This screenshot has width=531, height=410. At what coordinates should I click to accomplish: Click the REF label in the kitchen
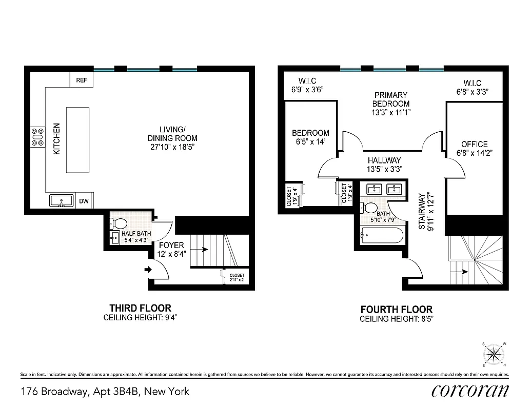pos(81,80)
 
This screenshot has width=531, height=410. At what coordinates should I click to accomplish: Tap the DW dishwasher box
pos(84,201)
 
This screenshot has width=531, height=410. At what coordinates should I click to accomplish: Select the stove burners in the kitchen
pos(37,137)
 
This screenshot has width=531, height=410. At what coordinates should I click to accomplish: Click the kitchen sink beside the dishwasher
pos(62,200)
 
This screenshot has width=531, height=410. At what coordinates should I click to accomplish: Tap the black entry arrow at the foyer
pos(149,269)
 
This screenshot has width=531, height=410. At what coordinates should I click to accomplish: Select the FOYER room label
pos(171,245)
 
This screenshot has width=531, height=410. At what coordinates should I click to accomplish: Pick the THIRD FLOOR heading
pos(140,308)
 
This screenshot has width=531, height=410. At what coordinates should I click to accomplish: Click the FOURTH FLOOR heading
pos(396,310)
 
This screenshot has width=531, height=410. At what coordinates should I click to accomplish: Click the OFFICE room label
pos(474,144)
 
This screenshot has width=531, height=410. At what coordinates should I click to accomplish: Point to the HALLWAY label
pos(384,160)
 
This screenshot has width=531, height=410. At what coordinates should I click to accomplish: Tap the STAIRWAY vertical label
pos(422,210)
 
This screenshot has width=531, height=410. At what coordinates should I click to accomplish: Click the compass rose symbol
pos(494,353)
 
